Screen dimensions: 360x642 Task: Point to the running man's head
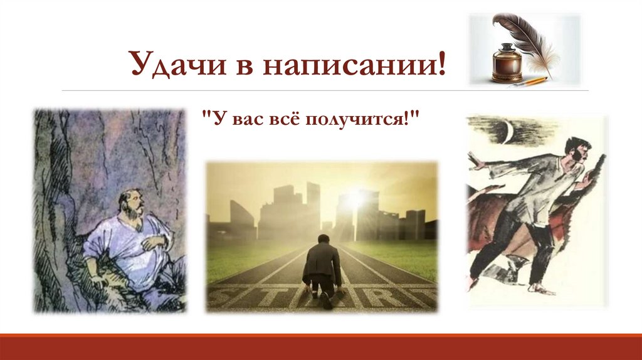pyautogui.click(x=577, y=151)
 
